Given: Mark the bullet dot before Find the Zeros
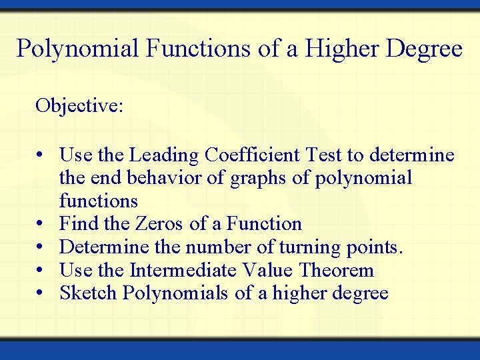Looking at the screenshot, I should pos(41,224).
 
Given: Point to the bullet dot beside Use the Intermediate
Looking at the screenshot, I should pos(41,271).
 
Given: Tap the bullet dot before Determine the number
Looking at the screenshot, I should pos(41,247).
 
